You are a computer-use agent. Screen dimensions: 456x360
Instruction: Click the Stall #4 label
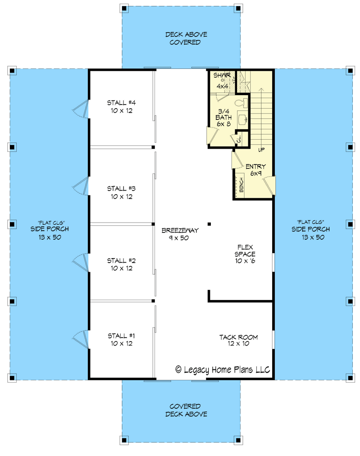pyautogui.click(x=119, y=105)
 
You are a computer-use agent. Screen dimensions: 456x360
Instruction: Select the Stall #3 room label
pyautogui.click(x=119, y=192)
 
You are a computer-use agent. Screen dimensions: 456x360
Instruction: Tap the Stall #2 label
pyautogui.click(x=119, y=264)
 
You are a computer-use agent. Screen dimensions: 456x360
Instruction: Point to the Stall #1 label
pyautogui.click(x=119, y=339)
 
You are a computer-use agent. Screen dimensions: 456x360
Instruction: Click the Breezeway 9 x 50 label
pyautogui.click(x=180, y=234)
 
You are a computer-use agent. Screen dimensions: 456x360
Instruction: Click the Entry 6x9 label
pyautogui.click(x=255, y=170)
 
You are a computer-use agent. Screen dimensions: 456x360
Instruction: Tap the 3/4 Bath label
pyautogui.click(x=223, y=117)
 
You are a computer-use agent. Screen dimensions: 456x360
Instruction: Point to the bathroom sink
pyautogui.click(x=242, y=120)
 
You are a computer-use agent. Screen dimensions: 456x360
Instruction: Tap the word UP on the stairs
pyautogui.click(x=261, y=150)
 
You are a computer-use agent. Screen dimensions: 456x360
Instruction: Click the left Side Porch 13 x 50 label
pyautogui.click(x=47, y=229)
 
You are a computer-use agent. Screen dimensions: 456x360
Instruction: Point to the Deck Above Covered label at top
pyautogui.click(x=185, y=38)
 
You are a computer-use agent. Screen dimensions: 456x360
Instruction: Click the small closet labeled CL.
pyautogui.click(x=239, y=140)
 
